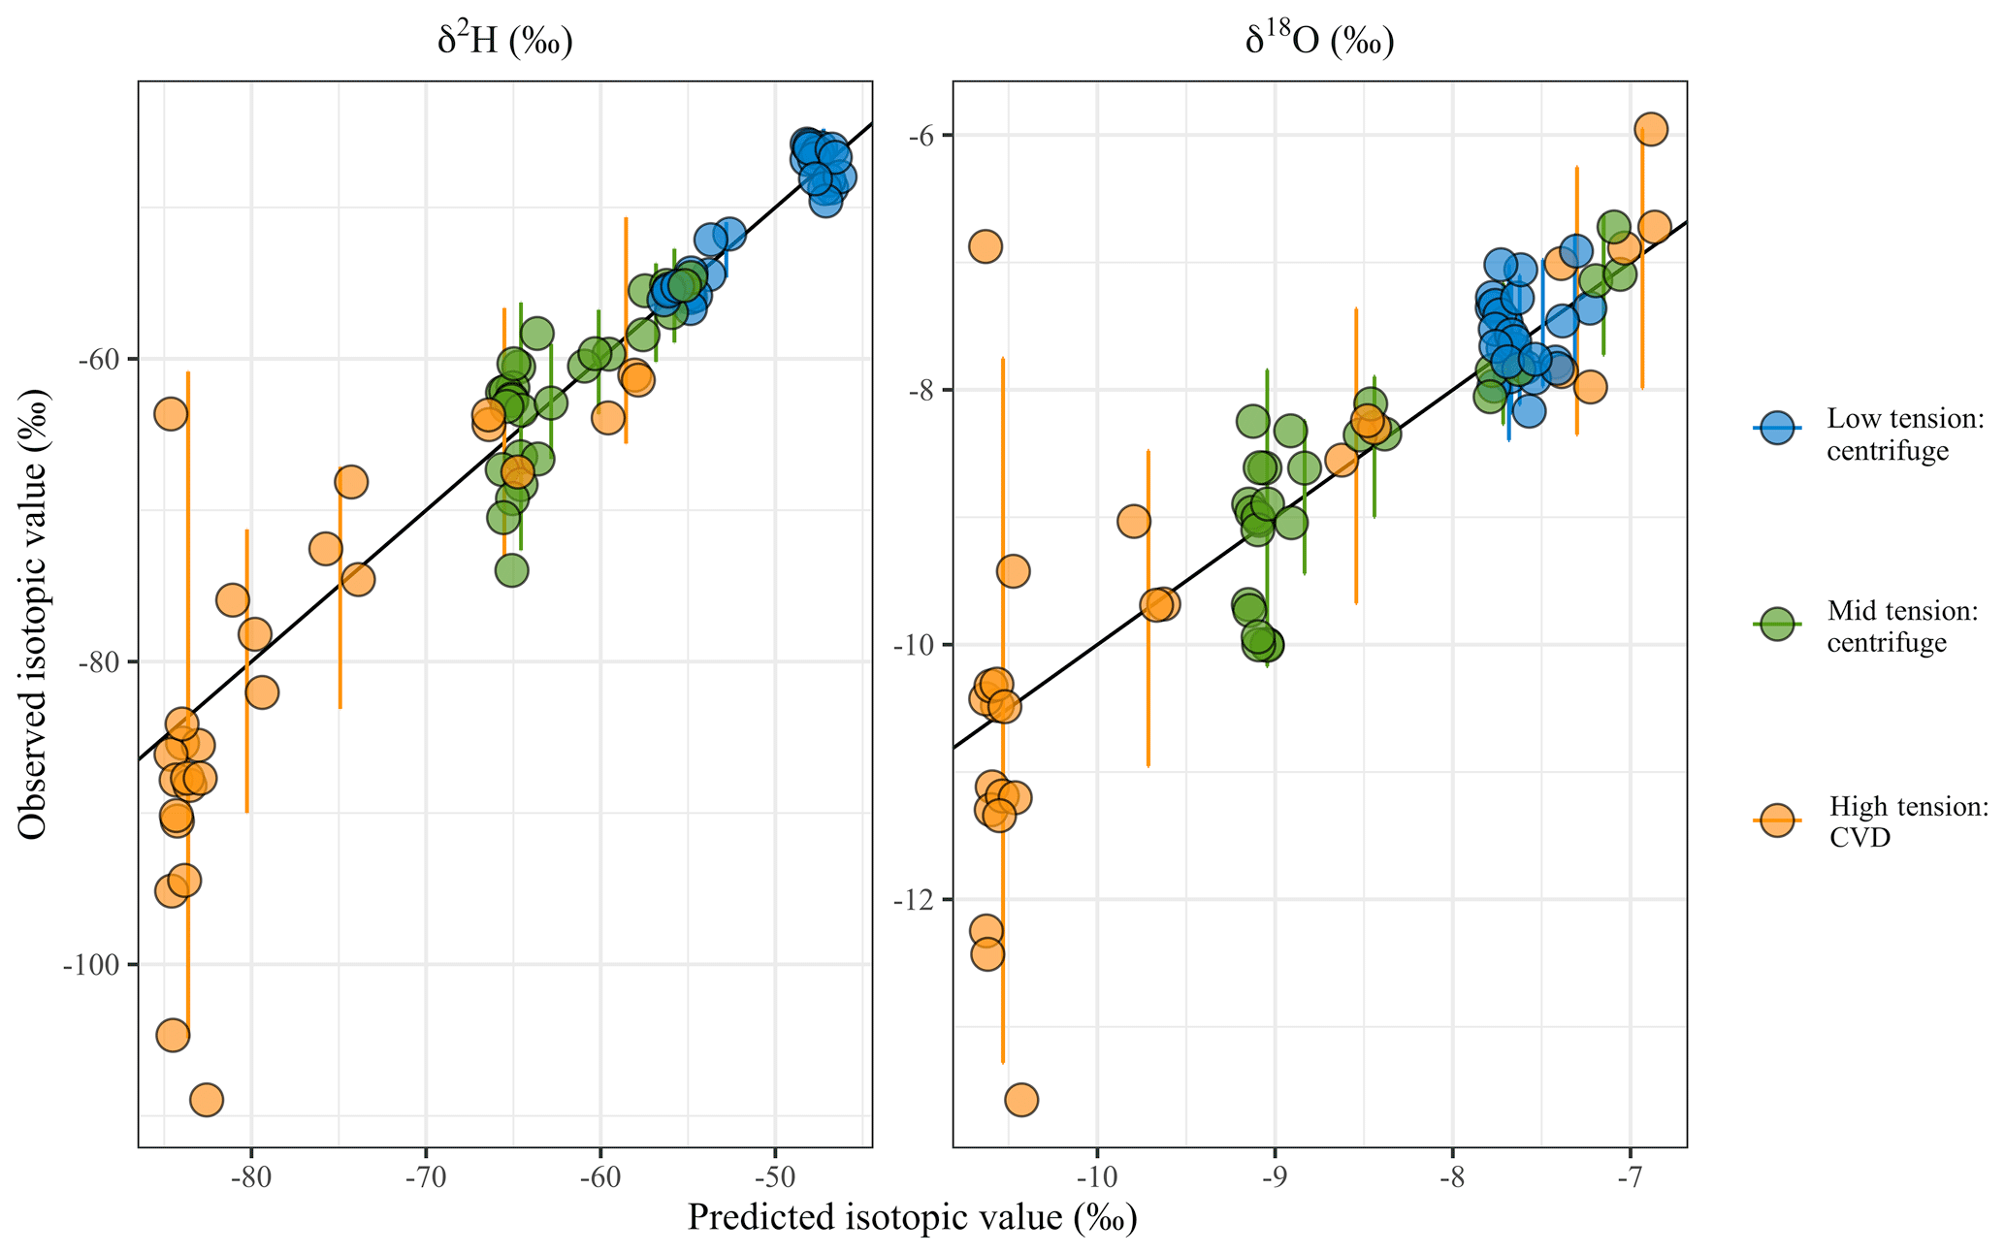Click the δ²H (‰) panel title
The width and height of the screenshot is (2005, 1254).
(x=504, y=42)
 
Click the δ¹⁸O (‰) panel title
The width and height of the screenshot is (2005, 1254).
(x=1319, y=42)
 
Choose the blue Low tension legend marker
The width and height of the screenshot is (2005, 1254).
(x=1776, y=428)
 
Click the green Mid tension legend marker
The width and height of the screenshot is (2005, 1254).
(x=1776, y=624)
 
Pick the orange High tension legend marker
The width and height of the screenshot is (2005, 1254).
(x=1776, y=820)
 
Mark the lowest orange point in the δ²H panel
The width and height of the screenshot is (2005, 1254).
(x=206, y=1099)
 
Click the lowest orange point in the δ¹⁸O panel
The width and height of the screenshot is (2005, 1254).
(x=1020, y=1099)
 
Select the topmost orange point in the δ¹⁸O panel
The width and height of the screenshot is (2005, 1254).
(x=1651, y=129)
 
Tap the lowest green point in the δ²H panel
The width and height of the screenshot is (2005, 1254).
(x=511, y=570)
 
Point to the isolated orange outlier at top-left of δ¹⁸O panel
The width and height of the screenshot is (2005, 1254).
(x=985, y=246)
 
